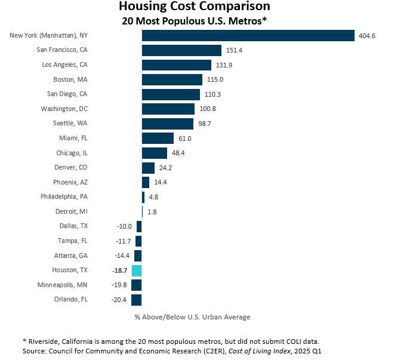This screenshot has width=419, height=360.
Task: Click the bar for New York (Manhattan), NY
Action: pyautogui.click(x=248, y=36)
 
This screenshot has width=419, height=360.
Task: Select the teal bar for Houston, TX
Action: pyautogui.click(x=137, y=270)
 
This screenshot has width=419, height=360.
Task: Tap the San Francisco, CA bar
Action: pyautogui.click(x=181, y=50)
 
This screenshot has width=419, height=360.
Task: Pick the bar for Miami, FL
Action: pyautogui.click(x=158, y=138)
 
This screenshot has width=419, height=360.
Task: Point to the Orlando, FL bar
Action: pyautogui.click(x=137, y=300)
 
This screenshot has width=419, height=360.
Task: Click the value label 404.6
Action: pyautogui.click(x=367, y=36)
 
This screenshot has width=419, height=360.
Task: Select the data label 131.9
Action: pyautogui.click(x=224, y=65)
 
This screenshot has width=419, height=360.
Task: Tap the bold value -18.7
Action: pyautogui.click(x=120, y=270)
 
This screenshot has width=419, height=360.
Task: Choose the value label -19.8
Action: pyautogui.click(x=120, y=285)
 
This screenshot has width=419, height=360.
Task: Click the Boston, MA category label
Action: pyautogui.click(x=70, y=79)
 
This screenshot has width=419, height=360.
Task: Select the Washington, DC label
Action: pyautogui.click(x=64, y=109)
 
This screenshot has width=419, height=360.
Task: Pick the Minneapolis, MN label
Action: pyautogui.click(x=62, y=285)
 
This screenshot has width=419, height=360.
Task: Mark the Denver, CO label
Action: pyautogui.click(x=71, y=167)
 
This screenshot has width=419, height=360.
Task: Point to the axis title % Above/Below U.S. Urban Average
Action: pyautogui.click(x=192, y=317)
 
